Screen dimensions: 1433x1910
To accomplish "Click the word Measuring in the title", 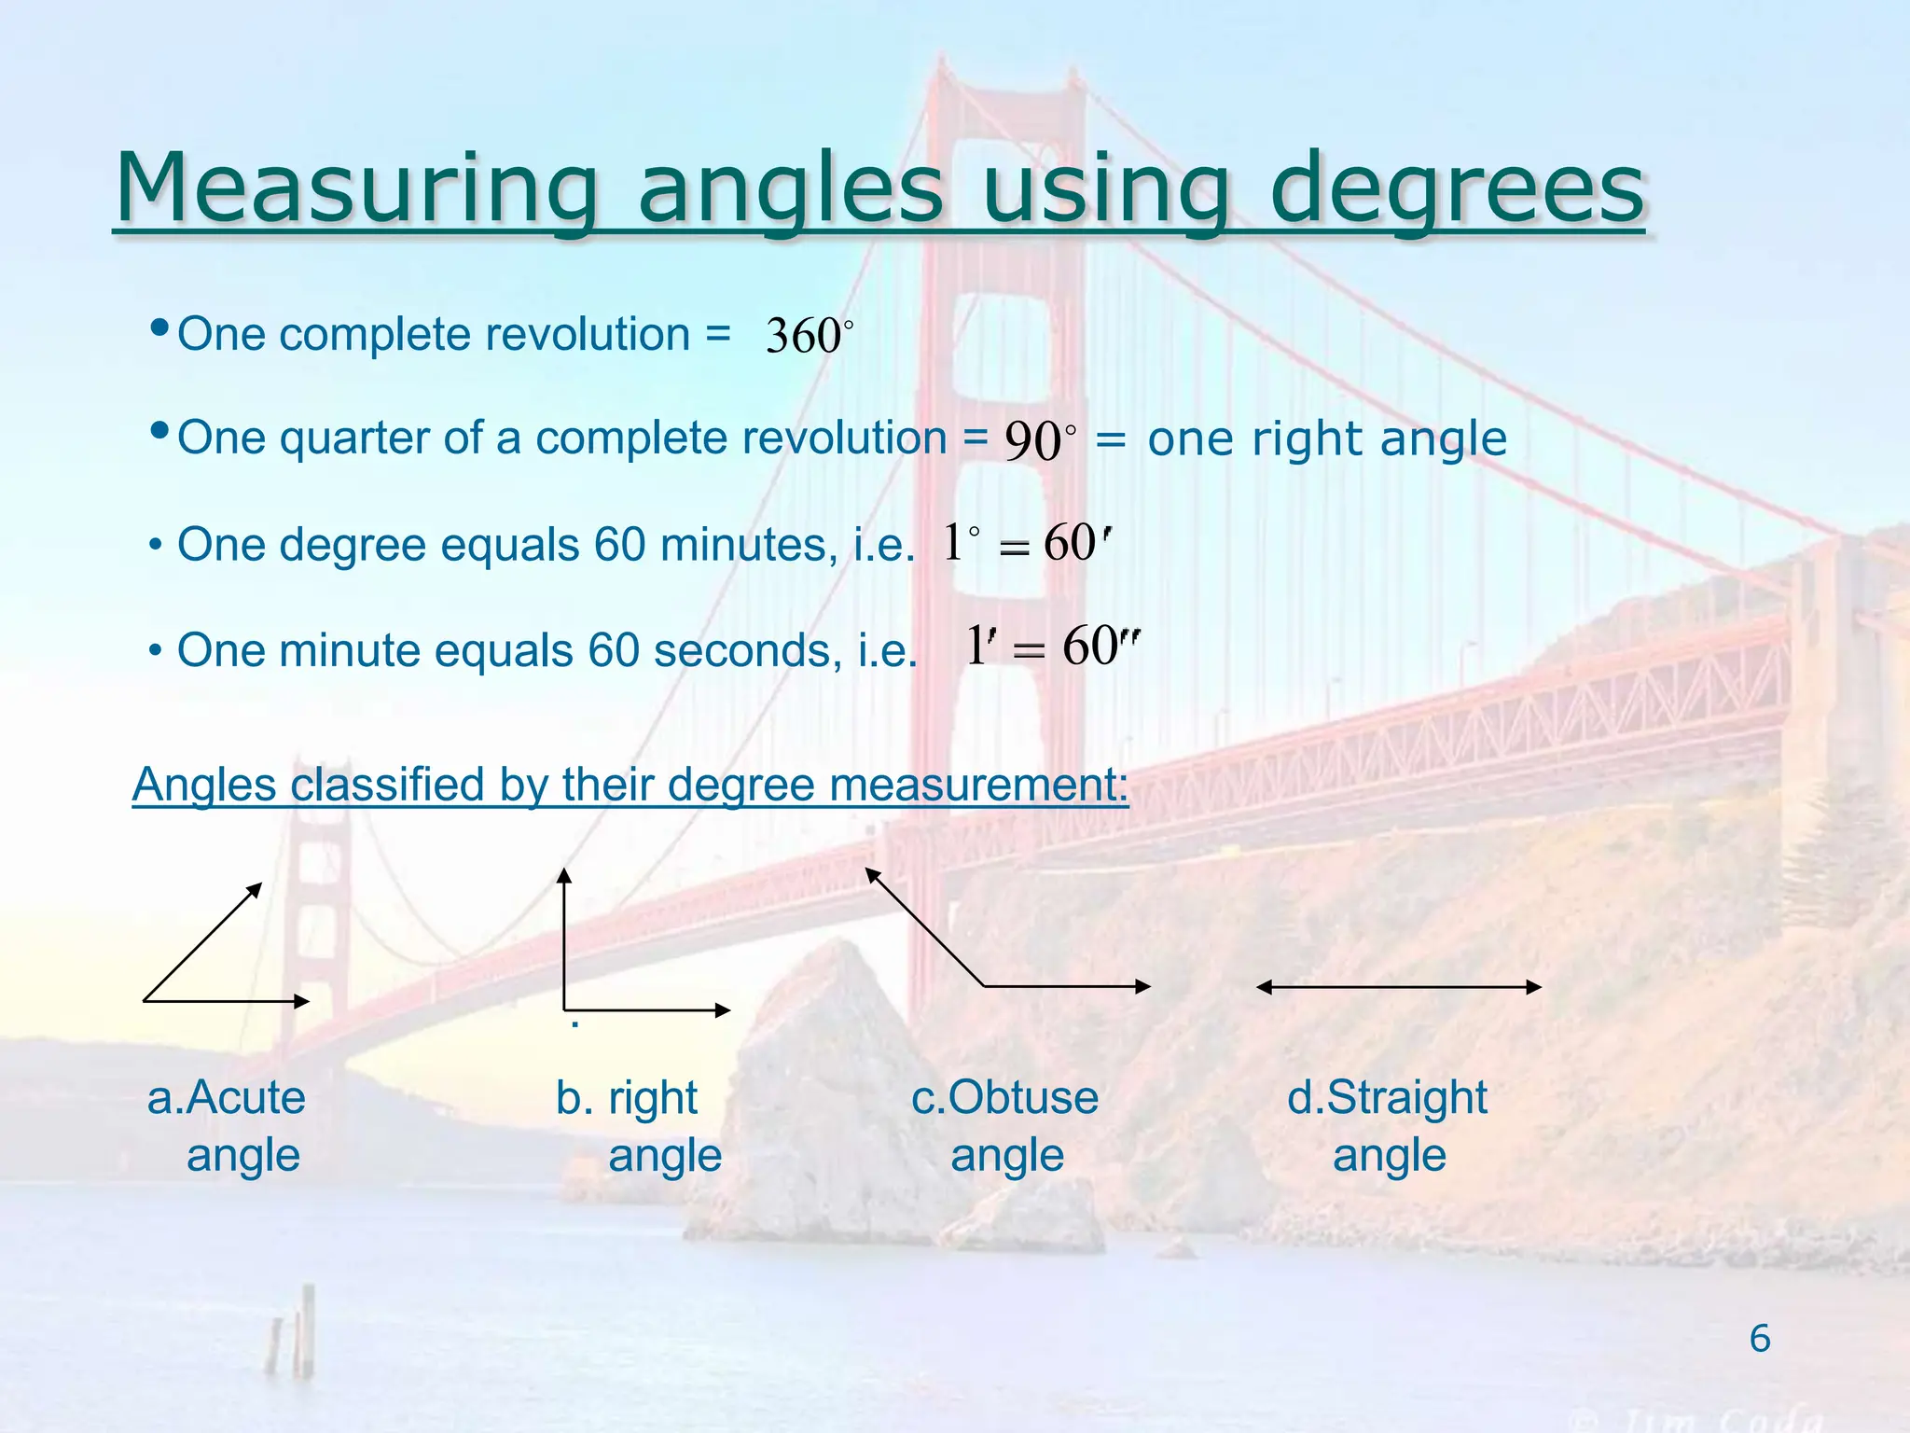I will [354, 188].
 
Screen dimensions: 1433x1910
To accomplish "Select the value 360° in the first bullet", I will [808, 336].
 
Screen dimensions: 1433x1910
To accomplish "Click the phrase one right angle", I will [1326, 438].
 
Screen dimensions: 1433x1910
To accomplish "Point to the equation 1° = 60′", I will [1026, 543].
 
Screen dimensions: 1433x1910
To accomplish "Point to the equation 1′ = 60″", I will [1052, 646].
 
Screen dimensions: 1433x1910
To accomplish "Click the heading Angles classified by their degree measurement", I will [630, 785].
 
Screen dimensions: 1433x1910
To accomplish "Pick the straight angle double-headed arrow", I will [1399, 987].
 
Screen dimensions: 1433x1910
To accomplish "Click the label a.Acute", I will [227, 1098].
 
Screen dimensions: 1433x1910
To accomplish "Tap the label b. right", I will [627, 1098].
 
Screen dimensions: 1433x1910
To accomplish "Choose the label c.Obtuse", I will [1005, 1098].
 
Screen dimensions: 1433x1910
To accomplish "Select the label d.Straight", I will [1387, 1098].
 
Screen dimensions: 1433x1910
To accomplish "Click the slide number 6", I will [1759, 1339].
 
